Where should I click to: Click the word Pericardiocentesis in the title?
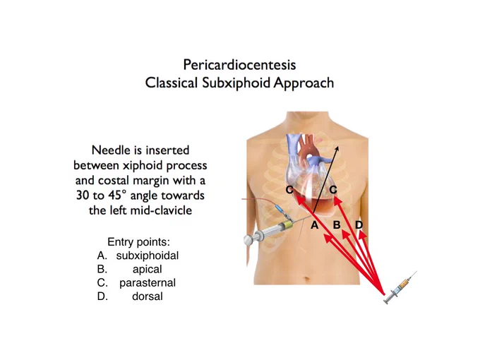239,65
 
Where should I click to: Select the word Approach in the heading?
304,83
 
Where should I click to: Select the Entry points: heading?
138,242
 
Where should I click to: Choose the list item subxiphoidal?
148,256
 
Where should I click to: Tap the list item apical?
148,269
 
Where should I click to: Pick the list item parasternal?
148,282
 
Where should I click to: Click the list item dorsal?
148,296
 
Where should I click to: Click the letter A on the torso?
314,225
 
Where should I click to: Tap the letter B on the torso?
337,225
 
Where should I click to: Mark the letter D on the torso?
359,225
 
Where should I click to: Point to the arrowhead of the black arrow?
337,148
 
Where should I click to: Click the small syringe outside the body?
400,287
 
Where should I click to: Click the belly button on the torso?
307,279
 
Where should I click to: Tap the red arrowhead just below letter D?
362,235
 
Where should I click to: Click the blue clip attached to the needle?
280,210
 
